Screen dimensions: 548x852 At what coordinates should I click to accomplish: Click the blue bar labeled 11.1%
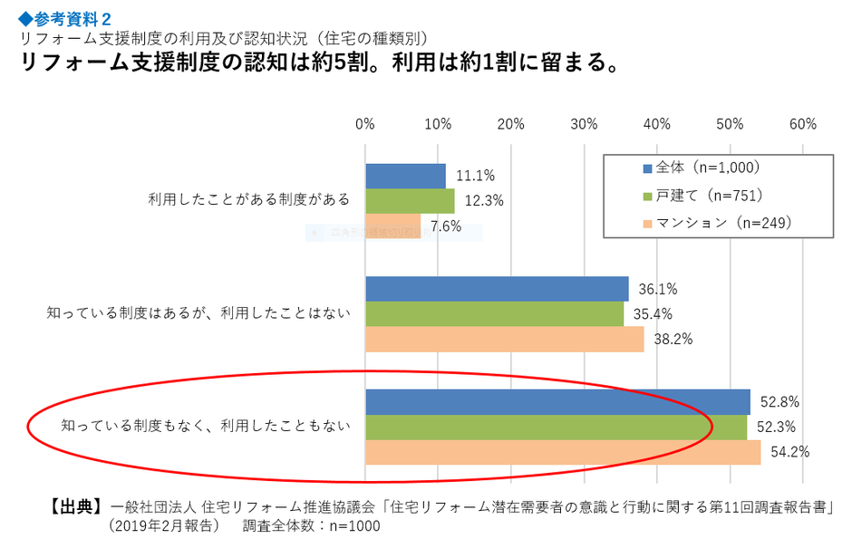point(405,176)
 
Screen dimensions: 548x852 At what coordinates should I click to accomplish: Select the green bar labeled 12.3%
point(410,200)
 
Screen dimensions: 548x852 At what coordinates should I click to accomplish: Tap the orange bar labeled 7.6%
point(392,226)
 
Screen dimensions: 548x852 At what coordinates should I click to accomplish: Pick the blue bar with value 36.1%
point(497,289)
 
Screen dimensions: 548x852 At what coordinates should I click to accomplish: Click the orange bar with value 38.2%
point(504,339)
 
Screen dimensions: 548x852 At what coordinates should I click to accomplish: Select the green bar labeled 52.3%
point(556,427)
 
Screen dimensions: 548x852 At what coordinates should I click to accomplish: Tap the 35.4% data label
point(655,314)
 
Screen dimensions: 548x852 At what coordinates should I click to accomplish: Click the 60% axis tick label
point(803,124)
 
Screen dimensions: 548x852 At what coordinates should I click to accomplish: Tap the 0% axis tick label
point(365,124)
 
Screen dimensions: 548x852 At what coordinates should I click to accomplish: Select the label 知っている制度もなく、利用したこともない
point(205,425)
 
